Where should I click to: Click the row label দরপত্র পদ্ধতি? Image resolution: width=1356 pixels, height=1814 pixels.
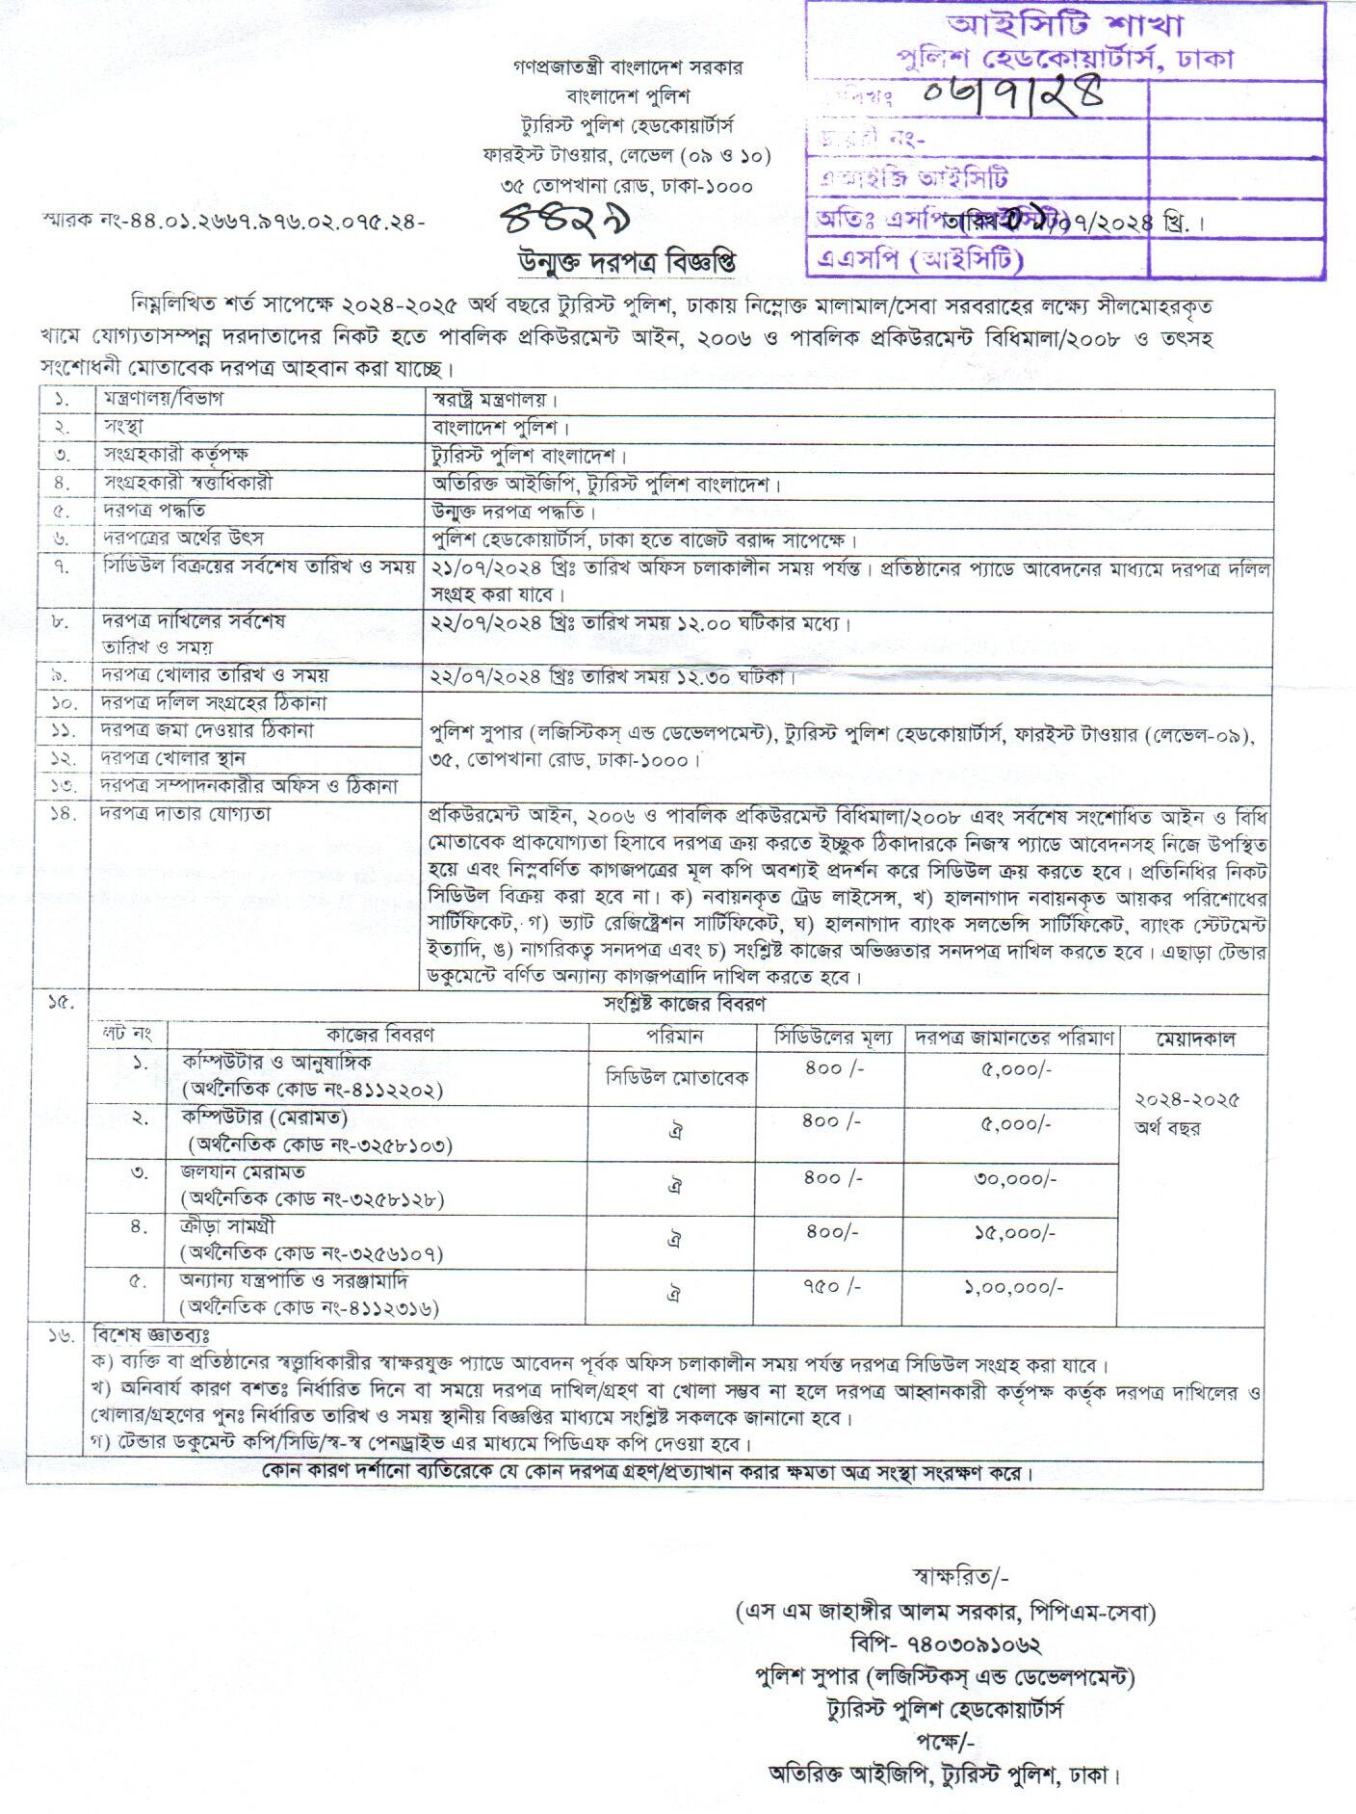[x=154, y=510]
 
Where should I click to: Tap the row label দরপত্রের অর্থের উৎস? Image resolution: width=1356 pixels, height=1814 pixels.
[x=183, y=539]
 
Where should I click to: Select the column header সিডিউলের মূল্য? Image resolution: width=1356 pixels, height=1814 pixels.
[x=835, y=1038]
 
